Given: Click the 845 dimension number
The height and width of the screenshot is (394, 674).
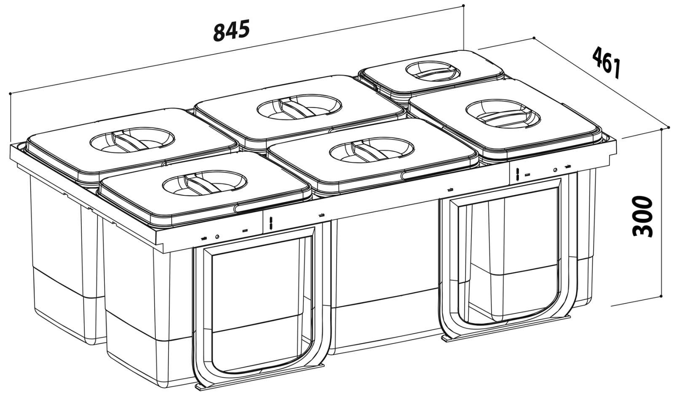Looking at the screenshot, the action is tap(231, 30).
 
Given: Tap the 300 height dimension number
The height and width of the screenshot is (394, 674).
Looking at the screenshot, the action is tap(643, 216).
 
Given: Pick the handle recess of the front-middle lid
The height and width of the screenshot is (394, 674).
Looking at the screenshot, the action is tap(372, 150).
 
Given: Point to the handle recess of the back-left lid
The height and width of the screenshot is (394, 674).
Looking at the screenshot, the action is tap(132, 140).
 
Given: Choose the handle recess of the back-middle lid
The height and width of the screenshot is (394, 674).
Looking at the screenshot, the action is tap(300, 107).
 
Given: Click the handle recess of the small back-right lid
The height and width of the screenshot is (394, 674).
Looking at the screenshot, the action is tap(433, 71).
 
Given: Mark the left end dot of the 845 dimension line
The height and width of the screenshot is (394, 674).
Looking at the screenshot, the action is tap(10, 94).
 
